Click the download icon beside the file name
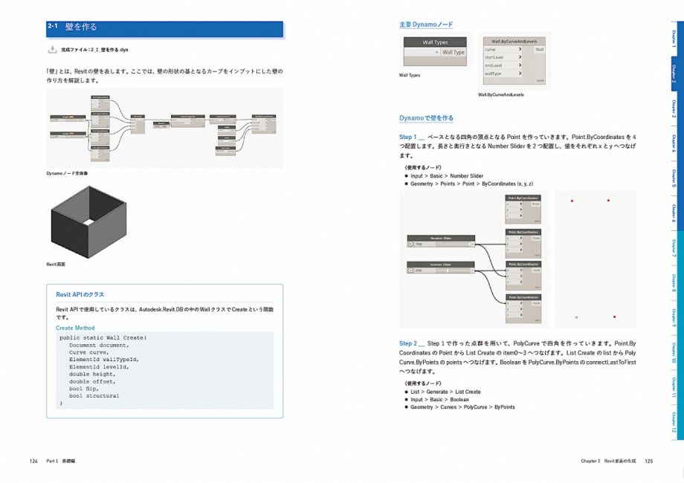(52, 49)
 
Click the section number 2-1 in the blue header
(53, 27)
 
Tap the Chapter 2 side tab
(674, 72)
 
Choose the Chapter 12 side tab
(674, 421)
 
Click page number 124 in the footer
(33, 461)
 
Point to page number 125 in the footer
(648, 461)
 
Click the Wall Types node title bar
(435, 42)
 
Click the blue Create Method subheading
(75, 328)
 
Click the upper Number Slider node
(442, 241)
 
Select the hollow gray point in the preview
(576, 317)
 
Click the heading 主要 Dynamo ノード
(426, 25)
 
